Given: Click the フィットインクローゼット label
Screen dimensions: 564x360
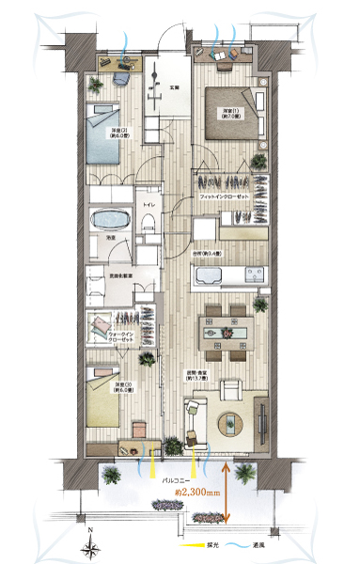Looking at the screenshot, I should [x=223, y=197].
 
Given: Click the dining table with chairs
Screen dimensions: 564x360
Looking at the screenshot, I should [x=227, y=331].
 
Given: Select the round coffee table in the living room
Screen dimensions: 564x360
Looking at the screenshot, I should [x=230, y=423].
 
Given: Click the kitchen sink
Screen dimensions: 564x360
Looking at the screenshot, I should [x=253, y=274].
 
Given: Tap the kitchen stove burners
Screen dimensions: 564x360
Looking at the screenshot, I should [x=210, y=276].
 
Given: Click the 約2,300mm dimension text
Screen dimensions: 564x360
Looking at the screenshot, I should [x=198, y=490].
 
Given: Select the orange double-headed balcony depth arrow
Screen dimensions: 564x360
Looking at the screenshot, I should [x=227, y=491].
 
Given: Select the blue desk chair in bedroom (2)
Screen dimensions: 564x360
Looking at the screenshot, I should [x=124, y=64].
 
